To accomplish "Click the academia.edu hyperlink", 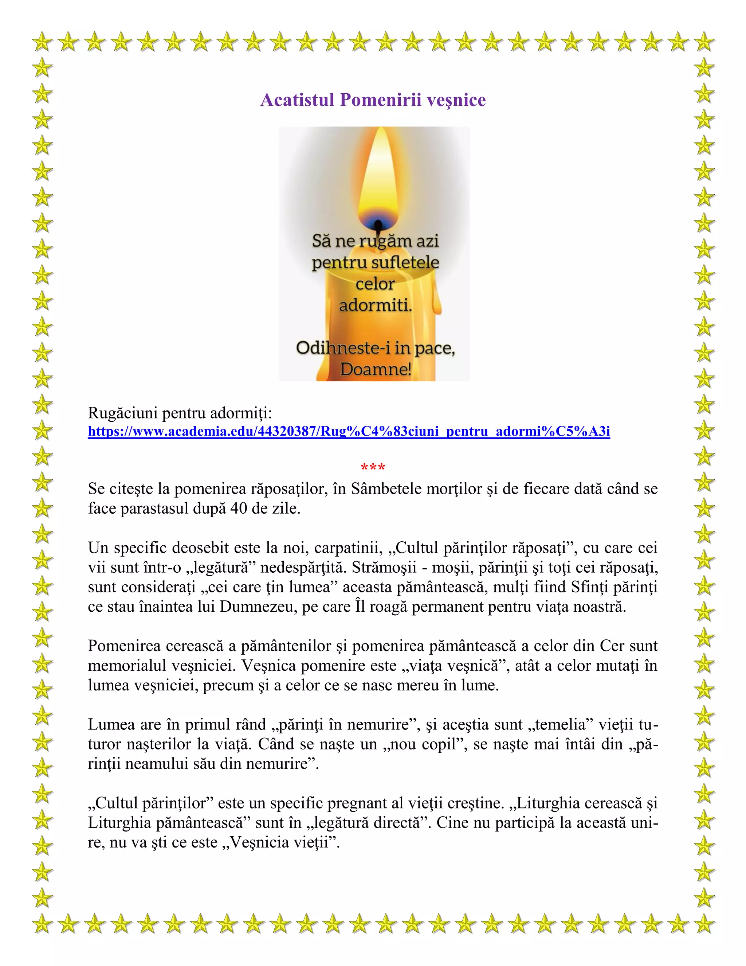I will pyautogui.click(x=349, y=431).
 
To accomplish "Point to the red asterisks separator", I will pyautogui.click(x=373, y=467).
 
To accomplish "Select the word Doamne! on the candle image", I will pyautogui.click(x=375, y=369).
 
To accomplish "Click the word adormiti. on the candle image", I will pyautogui.click(x=375, y=305).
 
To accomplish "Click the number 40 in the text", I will pyautogui.click(x=239, y=508).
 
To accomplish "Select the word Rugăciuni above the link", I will pyautogui.click(x=123, y=413).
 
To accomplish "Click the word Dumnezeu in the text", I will pyautogui.click(x=258, y=607).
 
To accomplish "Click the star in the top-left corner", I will pyautogui.click(x=42, y=42).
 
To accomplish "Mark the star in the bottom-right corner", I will pyautogui.click(x=704, y=924).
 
